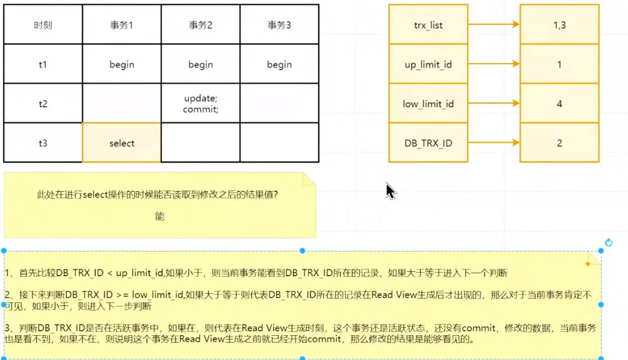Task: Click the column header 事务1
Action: coord(121,25)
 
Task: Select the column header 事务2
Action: coord(200,25)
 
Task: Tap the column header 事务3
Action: coord(279,25)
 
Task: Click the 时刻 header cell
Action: coord(43,25)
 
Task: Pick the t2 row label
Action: coord(43,103)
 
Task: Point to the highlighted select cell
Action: coord(121,143)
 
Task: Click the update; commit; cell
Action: coord(200,103)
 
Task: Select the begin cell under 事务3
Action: coord(279,64)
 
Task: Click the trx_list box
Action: coord(428,25)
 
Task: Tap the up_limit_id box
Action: coord(428,64)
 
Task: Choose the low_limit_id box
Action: coord(428,103)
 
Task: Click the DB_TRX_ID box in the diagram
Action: coord(428,143)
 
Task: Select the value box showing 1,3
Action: coord(559,25)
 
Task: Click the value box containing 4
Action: coord(559,103)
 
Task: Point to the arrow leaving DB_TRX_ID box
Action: coord(494,143)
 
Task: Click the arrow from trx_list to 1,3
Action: coord(494,25)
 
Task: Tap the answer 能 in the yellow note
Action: coord(160,216)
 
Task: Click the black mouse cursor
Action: coord(391,191)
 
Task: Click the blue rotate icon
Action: coord(608,243)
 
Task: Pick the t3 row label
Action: coord(43,143)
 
